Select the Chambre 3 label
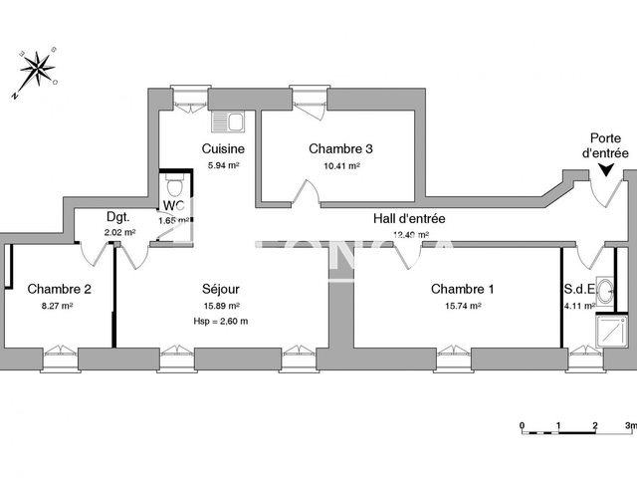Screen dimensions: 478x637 pos(340,148)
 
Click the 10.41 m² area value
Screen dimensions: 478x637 pos(340,166)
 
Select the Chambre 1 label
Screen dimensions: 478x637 pos(462,289)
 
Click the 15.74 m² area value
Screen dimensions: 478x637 pos(462,306)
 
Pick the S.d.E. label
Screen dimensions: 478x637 pos(579,290)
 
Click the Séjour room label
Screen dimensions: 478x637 pos(220,289)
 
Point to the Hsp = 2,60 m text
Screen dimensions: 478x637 pos(220,321)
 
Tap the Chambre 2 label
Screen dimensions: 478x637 pos(59,289)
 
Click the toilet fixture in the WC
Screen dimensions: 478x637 pos(174,185)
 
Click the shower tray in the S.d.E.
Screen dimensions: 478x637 pos(606,328)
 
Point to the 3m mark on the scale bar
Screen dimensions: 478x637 pos(628,425)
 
